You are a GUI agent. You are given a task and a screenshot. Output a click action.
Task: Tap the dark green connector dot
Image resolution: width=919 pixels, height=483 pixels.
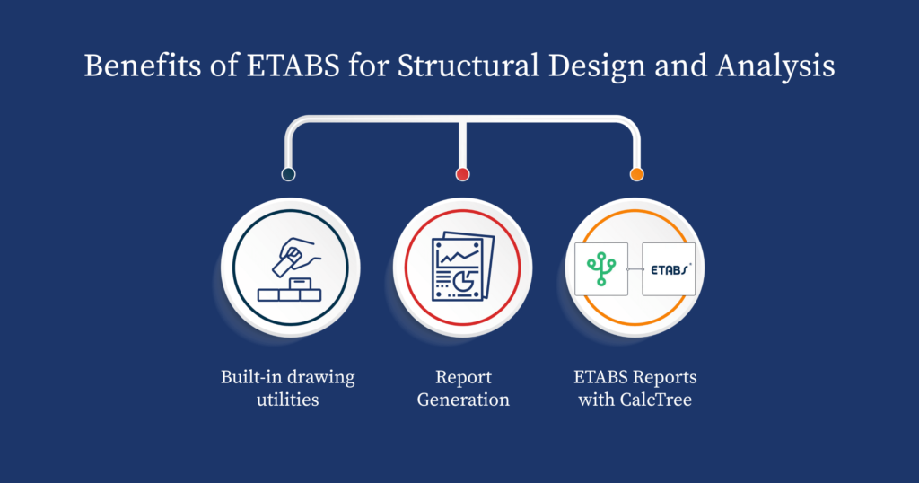coord(288,174)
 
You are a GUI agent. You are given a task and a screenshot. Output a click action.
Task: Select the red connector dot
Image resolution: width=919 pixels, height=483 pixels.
coord(462,174)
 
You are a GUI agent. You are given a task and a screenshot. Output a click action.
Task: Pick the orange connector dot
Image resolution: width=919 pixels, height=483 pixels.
coord(636,174)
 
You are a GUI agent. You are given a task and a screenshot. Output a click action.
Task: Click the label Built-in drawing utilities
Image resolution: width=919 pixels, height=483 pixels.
coord(288,388)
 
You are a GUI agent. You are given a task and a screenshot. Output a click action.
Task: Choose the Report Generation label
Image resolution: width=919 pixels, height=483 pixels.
coord(463,388)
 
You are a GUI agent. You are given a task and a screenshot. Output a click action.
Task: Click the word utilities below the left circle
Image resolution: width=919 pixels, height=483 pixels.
coord(288,400)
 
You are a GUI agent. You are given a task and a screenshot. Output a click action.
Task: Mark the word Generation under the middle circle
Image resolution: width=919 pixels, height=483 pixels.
coord(463,400)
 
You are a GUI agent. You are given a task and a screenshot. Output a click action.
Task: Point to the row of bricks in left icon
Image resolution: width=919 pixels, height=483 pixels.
coord(288,294)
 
